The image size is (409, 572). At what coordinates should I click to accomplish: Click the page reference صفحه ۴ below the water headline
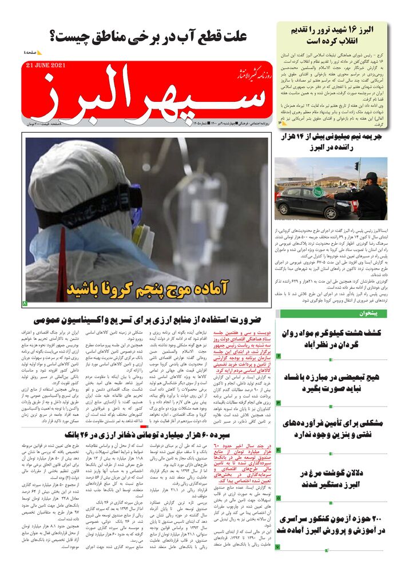coord(31,52)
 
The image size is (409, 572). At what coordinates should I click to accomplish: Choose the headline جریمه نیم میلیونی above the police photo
coord(333,142)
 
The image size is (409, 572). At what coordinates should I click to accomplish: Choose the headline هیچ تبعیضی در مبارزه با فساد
coord(333,384)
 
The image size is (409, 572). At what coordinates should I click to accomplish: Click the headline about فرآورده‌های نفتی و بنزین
coord(333,429)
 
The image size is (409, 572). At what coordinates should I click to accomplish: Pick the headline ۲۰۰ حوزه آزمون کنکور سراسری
coord(333,524)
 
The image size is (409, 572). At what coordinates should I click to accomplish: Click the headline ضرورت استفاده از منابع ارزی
coord(148,319)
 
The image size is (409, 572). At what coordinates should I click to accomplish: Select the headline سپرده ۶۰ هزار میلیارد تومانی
coord(148,434)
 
